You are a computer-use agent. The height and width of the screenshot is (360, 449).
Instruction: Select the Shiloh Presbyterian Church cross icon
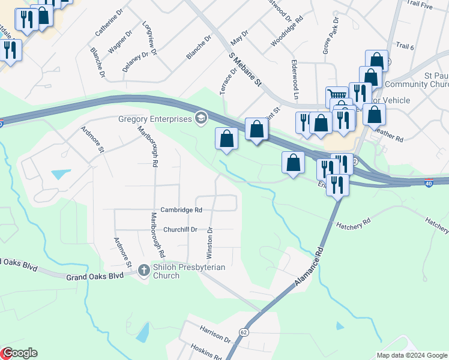(143, 271)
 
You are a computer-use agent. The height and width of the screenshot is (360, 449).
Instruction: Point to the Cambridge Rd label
(181, 210)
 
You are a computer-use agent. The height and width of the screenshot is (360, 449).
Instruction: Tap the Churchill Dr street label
(180, 229)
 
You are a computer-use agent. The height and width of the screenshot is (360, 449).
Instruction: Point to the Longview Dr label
(149, 39)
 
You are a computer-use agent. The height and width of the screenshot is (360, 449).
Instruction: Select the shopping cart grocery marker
(337, 96)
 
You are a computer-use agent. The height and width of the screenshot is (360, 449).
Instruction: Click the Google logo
(19, 353)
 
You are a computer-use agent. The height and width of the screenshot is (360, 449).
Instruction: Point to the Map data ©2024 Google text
(411, 355)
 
